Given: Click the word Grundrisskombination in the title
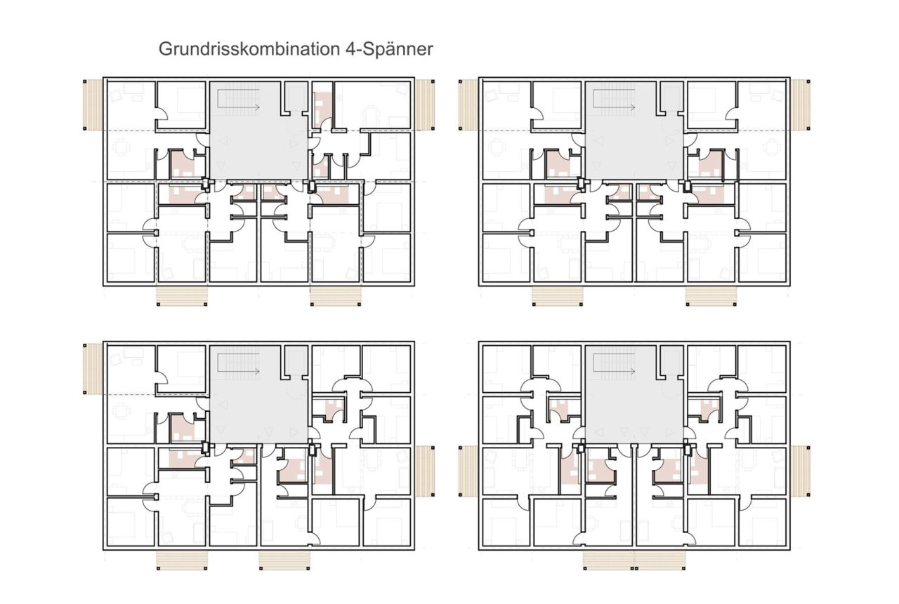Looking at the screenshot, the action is (x=249, y=49).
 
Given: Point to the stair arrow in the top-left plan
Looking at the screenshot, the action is (x=239, y=107).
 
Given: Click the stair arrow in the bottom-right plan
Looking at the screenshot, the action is (x=615, y=371).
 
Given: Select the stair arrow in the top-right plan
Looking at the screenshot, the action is (x=615, y=107).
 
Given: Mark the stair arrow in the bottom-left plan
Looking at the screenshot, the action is (x=239, y=371).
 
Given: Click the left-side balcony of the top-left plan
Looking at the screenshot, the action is (x=93, y=105).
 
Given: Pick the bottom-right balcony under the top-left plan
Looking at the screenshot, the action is (x=336, y=296).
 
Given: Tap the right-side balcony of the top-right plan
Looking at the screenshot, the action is (x=800, y=105).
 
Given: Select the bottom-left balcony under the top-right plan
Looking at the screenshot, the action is (x=558, y=296).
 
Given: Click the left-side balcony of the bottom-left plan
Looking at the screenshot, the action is (x=93, y=369).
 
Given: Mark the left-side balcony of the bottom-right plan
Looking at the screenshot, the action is (x=468, y=471).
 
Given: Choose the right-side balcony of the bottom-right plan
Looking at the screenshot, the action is (x=800, y=471).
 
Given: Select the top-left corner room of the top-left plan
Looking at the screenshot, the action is (x=131, y=105).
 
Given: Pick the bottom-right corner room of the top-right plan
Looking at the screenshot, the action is (x=762, y=257).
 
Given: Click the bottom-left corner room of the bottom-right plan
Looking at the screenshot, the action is (x=506, y=522).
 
